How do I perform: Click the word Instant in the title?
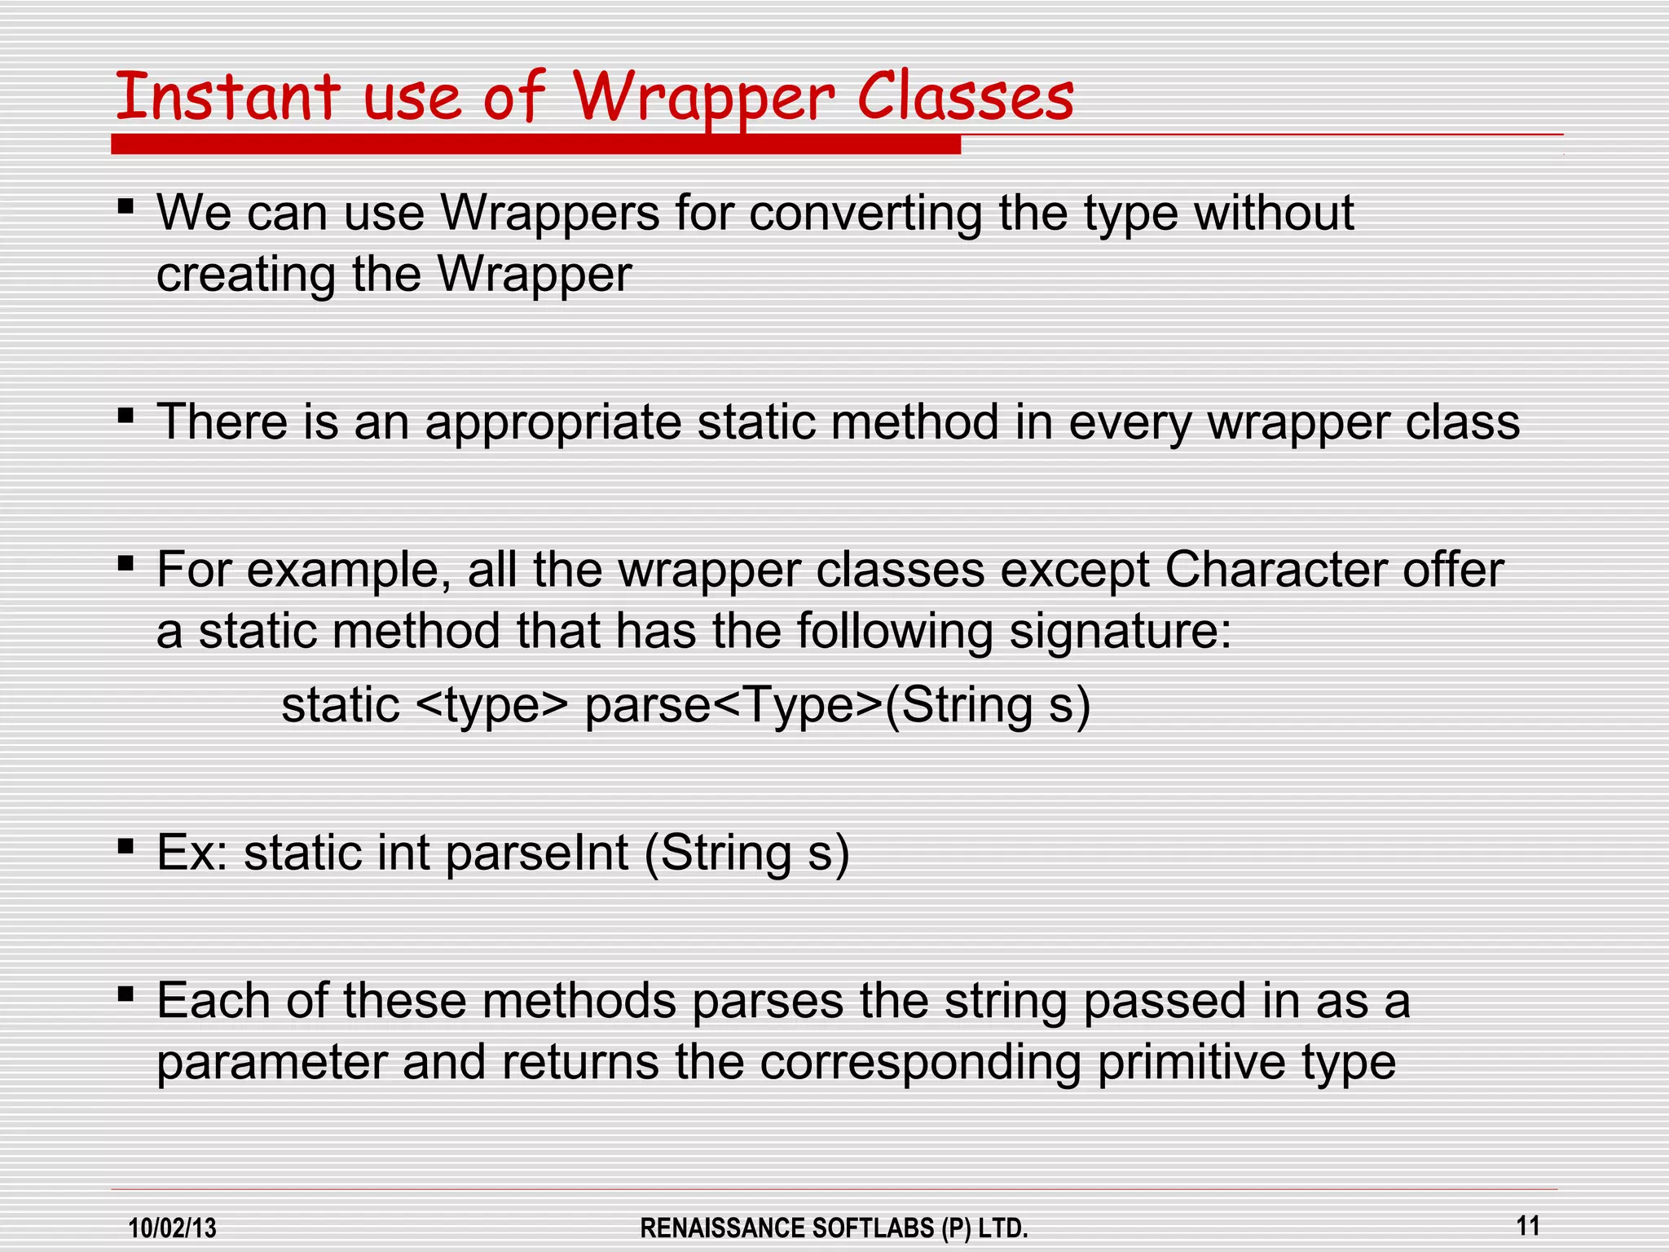227,98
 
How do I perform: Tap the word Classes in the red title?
966,98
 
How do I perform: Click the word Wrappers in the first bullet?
550,214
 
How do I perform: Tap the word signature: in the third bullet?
1121,633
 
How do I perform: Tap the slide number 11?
1528,1225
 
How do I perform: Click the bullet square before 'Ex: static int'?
126,847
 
